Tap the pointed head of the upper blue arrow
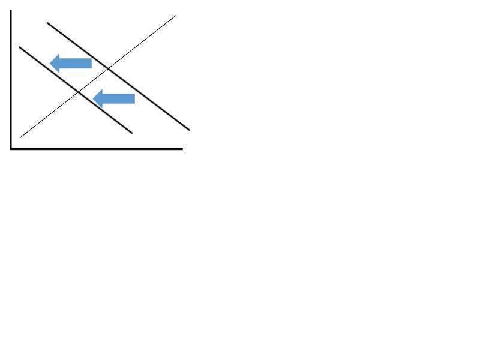point(51,62)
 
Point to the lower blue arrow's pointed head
point(95,98)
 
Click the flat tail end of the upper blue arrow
point(91,63)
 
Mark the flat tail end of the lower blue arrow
point(134,98)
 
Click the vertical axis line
point(11,78)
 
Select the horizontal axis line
point(96,148)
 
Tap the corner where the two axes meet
point(11,148)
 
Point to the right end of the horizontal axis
point(182,148)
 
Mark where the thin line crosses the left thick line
point(79,91)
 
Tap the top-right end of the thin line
point(175,16)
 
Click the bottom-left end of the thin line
point(21,137)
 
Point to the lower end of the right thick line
point(189,129)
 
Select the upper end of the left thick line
point(20,47)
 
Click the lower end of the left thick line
point(131,132)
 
